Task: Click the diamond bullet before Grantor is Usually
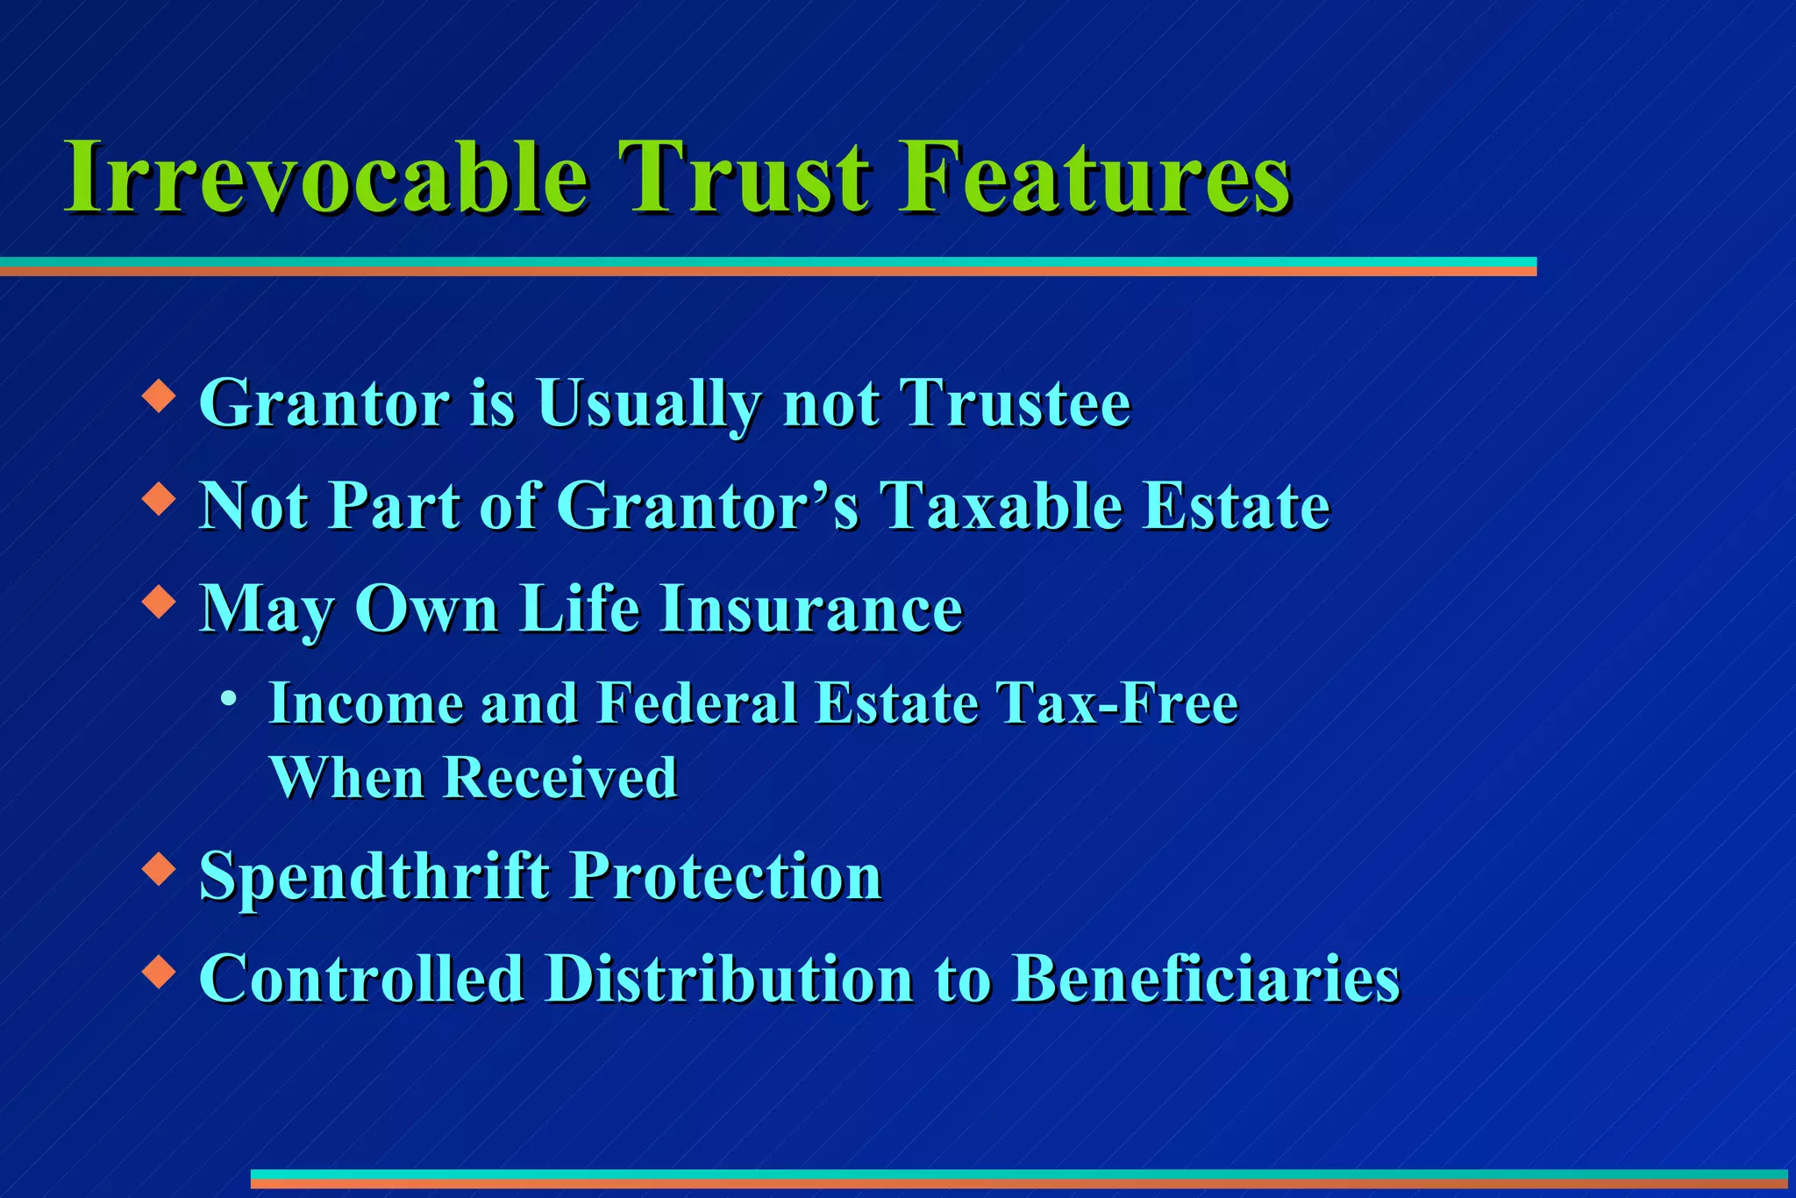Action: click(x=159, y=396)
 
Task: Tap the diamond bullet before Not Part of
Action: click(x=159, y=499)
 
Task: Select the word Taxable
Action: click(x=1001, y=506)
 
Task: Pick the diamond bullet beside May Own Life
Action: click(x=159, y=602)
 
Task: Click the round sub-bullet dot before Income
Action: click(x=229, y=699)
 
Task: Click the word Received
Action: click(x=560, y=778)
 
